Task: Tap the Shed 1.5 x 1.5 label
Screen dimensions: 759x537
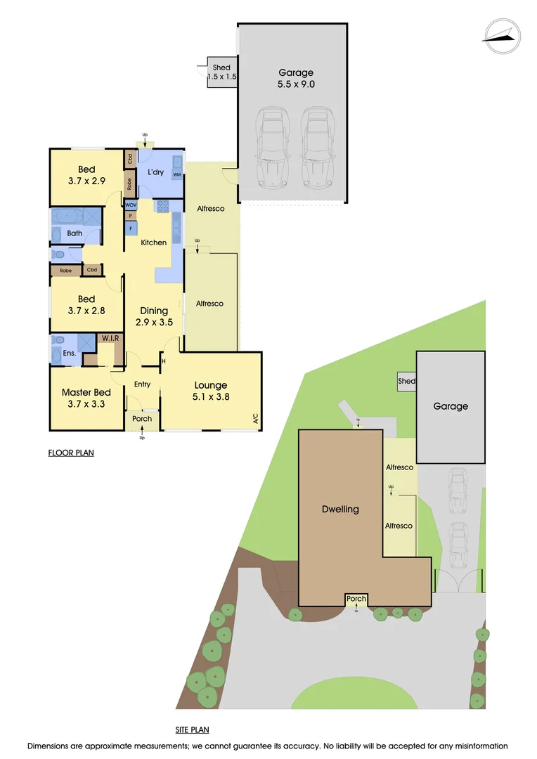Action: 221,72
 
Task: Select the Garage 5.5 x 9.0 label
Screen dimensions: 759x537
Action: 296,78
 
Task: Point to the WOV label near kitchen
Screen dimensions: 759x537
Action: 131,205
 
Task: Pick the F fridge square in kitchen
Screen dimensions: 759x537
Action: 131,228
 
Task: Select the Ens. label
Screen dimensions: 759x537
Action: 70,353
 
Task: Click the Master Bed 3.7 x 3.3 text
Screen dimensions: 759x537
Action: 85,398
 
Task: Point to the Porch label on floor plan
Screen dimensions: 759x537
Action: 142,419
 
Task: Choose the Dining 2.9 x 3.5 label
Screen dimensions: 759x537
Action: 153,316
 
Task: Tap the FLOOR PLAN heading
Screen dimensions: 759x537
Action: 71,453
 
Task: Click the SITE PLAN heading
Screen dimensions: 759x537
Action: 192,730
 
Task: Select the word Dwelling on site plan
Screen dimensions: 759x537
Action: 340,509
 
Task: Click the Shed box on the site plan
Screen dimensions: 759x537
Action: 406,382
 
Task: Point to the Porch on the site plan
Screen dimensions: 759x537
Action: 356,599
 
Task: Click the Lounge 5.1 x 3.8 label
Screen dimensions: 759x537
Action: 211,390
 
